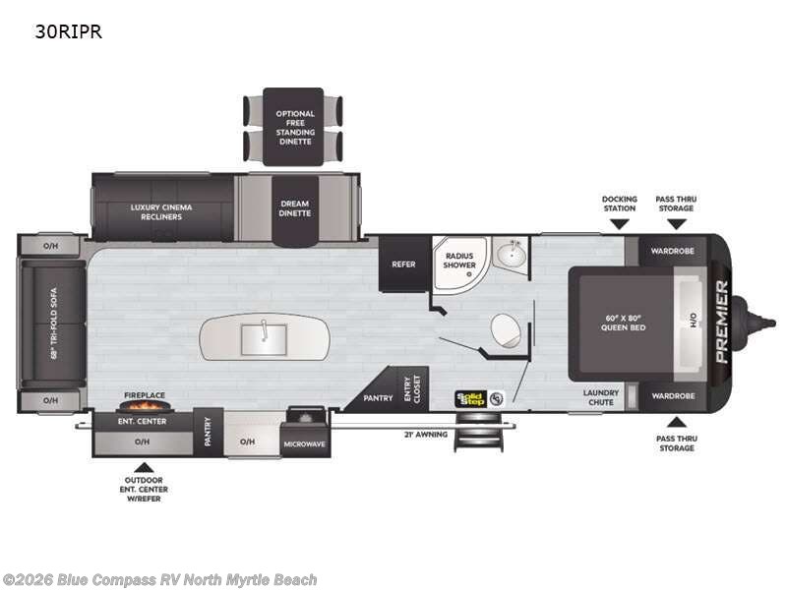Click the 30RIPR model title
68,31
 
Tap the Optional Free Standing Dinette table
293,127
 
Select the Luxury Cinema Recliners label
161,211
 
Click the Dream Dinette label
294,208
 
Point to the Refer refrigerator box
404,264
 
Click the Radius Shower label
459,260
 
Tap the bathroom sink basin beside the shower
510,254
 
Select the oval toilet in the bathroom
506,330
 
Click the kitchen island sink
264,339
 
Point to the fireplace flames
144,405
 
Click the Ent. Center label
142,422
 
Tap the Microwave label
305,444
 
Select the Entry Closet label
412,388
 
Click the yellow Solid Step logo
471,399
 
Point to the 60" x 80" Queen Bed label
624,323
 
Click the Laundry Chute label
601,397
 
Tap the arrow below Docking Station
620,224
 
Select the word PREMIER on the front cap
721,322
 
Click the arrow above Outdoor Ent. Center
144,468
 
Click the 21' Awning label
426,435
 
